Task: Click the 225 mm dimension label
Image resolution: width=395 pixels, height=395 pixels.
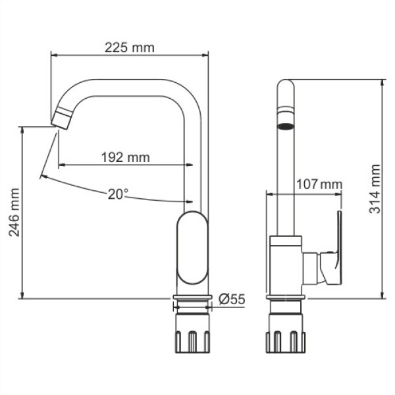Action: pos(129,47)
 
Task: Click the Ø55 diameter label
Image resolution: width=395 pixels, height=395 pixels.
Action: pos(230,299)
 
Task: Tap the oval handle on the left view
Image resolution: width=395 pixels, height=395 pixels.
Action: pos(192,249)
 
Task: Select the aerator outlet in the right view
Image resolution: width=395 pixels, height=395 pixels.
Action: pos(286,125)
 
